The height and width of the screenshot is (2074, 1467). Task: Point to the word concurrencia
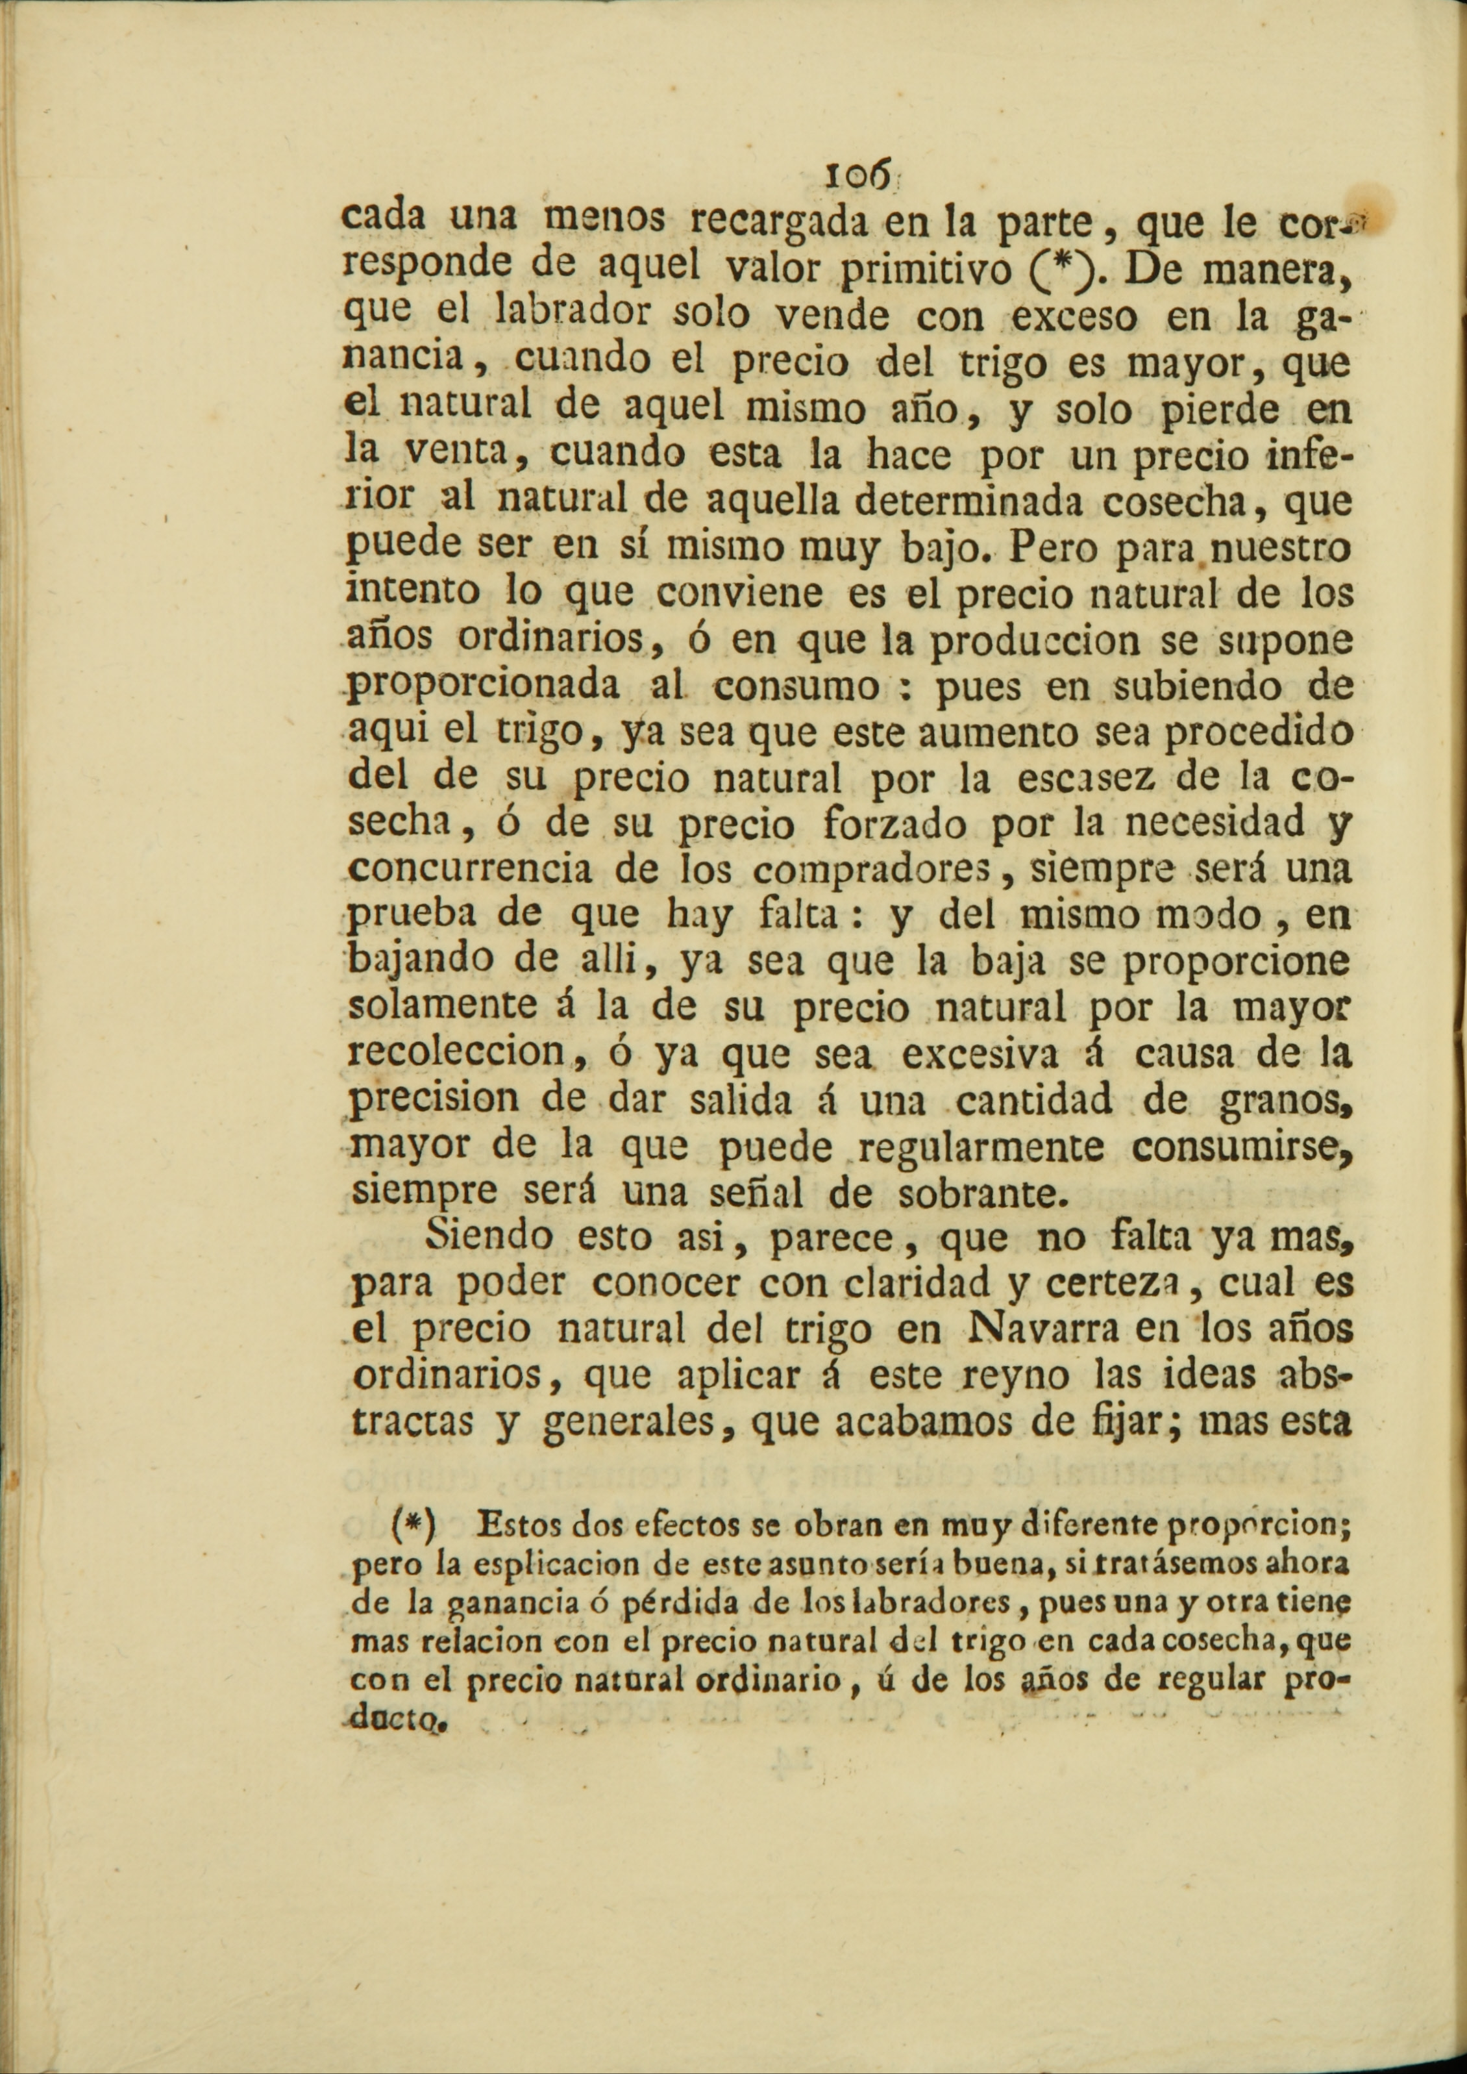click(471, 869)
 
